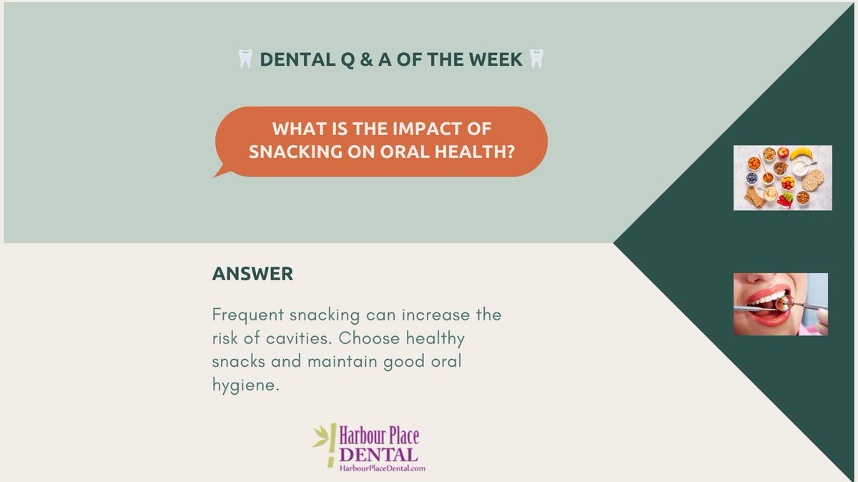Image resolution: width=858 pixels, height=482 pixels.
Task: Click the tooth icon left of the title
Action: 245,60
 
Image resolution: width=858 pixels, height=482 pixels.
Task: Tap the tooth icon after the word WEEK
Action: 536,60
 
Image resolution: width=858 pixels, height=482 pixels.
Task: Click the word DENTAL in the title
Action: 292,60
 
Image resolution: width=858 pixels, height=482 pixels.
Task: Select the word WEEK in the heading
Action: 495,60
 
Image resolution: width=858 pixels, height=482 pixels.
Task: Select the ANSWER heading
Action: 252,274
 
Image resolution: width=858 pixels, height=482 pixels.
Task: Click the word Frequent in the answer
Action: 246,315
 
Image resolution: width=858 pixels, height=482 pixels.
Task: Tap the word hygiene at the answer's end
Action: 243,385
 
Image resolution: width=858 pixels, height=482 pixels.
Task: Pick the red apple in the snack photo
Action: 783,152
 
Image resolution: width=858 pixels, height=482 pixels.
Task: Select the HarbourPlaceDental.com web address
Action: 382,468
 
